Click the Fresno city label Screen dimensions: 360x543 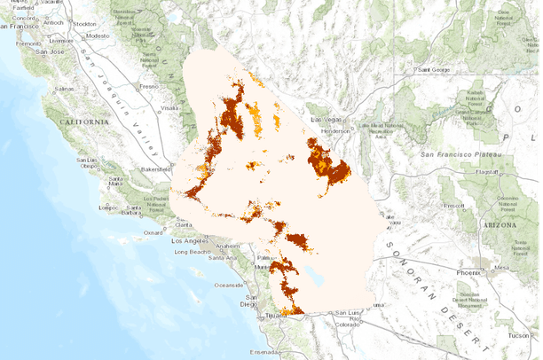147,86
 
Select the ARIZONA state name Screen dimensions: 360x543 499,226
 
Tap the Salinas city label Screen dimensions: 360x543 64,90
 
